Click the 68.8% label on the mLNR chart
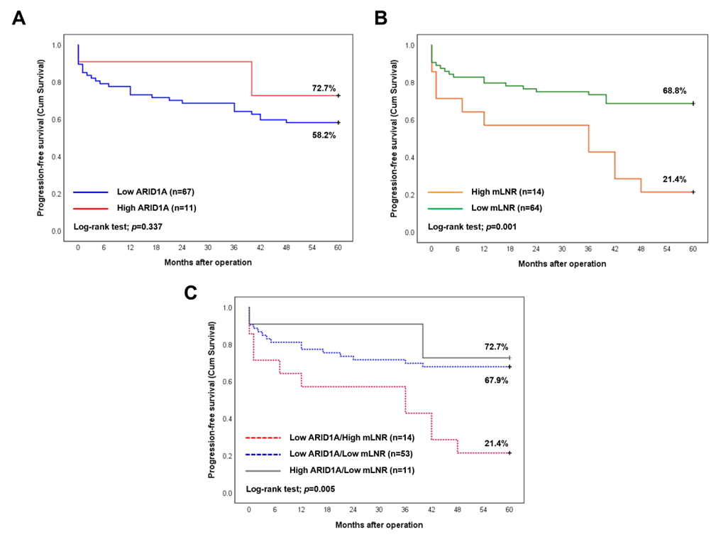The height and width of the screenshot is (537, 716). click(675, 90)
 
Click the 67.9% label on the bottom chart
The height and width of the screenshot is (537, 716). click(497, 380)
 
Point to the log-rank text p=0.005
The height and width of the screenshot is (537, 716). click(290, 489)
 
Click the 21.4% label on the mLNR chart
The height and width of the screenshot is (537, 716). click(675, 180)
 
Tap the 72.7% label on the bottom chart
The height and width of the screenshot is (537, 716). click(496, 347)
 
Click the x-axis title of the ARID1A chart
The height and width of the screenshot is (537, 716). click(208, 262)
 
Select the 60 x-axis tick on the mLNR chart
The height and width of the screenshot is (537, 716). click(693, 249)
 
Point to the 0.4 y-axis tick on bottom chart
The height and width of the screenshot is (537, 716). click(227, 419)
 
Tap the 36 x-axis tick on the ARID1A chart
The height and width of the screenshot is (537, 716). click(234, 248)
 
